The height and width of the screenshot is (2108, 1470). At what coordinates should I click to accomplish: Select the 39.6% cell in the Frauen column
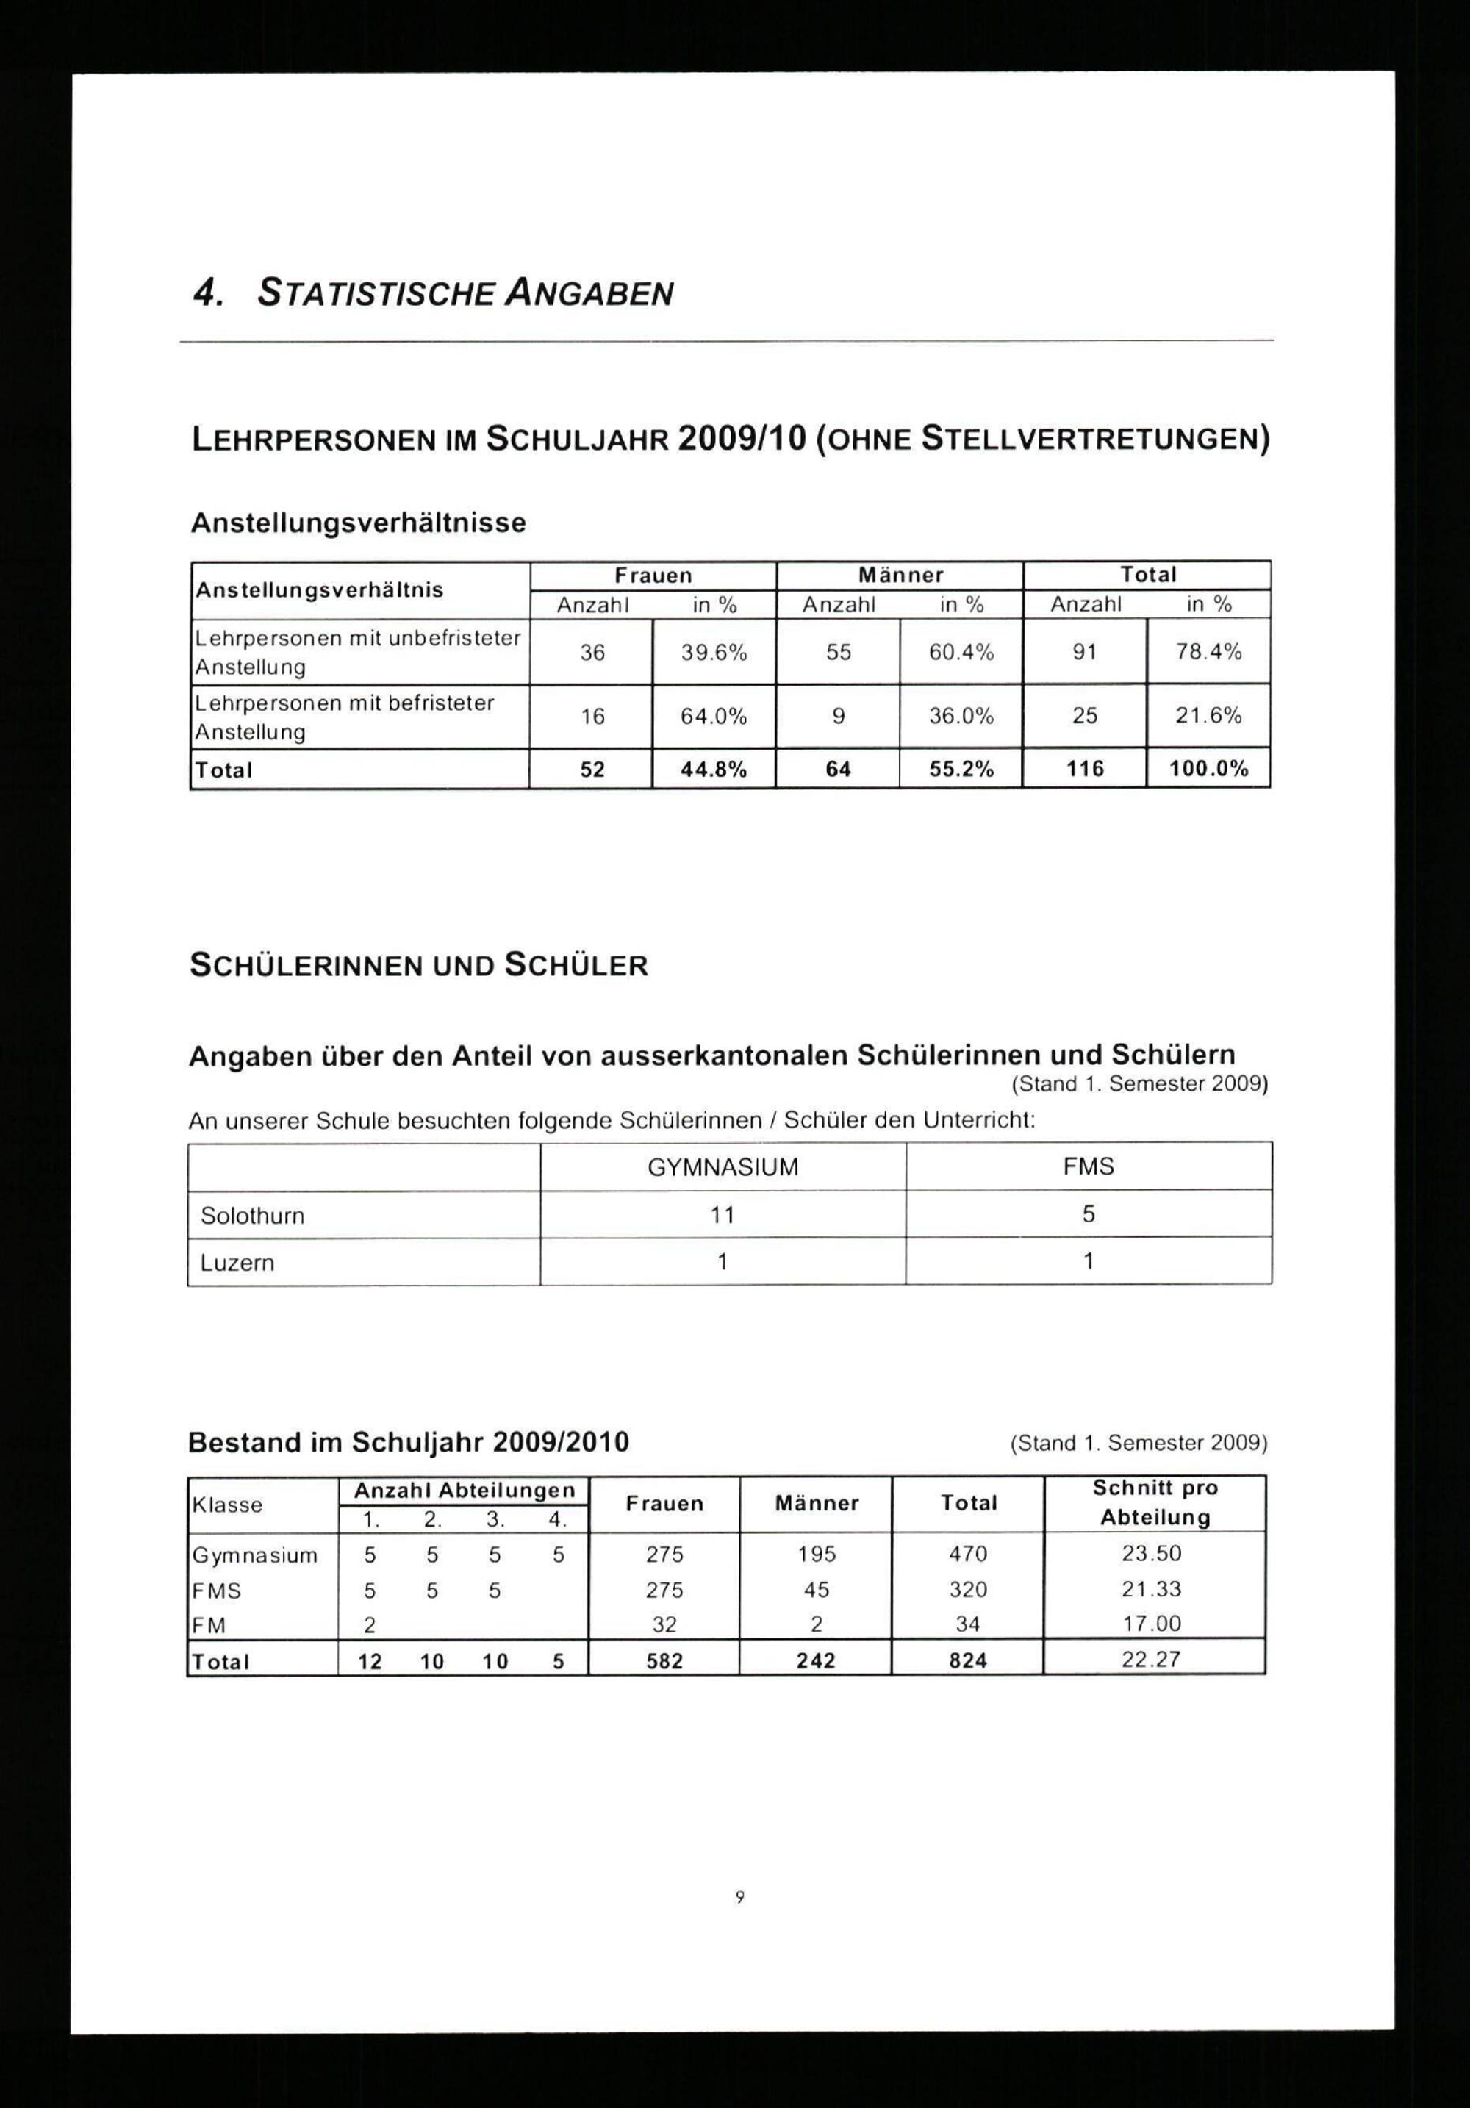pos(714,652)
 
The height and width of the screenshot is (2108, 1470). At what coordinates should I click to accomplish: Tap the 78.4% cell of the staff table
pos(1208,652)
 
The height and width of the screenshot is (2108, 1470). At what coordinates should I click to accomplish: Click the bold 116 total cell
pos(1084,770)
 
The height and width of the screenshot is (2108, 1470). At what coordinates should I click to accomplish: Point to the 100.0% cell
pos(1208,770)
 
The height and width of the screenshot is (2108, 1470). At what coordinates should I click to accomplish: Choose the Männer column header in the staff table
pos(900,576)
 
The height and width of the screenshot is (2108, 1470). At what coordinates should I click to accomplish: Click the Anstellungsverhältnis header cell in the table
pos(318,590)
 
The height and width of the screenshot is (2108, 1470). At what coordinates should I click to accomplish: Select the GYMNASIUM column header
pos(723,1167)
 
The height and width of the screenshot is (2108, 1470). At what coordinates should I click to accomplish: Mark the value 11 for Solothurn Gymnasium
pos(723,1215)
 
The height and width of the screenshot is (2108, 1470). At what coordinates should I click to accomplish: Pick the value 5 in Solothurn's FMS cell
pos(1088,1215)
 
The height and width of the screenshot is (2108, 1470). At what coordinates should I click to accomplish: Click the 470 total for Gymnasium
pos(968,1554)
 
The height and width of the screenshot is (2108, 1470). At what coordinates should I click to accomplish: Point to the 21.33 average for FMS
pos(1152,1589)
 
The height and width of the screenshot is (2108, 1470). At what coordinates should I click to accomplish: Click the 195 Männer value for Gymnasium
pos(817,1554)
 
